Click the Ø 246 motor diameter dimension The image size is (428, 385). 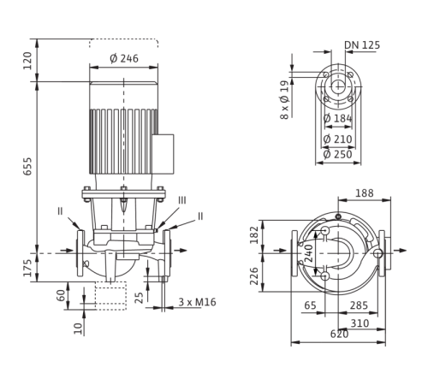[x=124, y=58]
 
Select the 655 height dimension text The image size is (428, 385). [x=28, y=166]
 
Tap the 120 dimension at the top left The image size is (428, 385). [x=28, y=61]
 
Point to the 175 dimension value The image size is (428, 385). [x=28, y=268]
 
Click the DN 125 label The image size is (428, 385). [x=362, y=45]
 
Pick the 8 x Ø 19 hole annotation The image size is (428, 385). [x=284, y=100]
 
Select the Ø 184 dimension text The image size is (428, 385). [x=338, y=118]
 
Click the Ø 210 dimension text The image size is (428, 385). [x=338, y=139]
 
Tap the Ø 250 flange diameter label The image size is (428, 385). [x=338, y=155]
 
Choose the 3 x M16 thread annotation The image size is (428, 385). [x=197, y=302]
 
